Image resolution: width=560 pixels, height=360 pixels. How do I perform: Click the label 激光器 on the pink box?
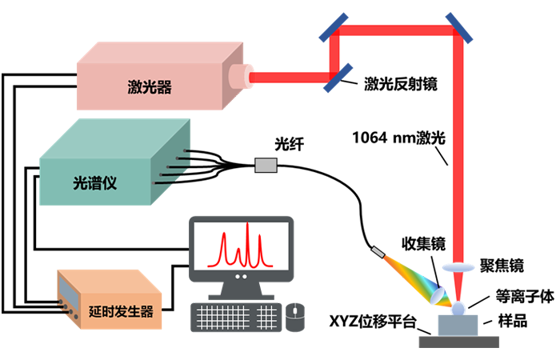coord(150,86)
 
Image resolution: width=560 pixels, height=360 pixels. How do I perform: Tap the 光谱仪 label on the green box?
coord(95,183)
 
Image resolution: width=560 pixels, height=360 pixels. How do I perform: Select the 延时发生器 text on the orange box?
coord(121,312)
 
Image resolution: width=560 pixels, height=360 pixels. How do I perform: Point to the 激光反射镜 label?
coord(401,84)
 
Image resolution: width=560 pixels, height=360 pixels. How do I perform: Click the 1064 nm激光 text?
coord(399,138)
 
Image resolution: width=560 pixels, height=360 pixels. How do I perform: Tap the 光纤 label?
coord(290,144)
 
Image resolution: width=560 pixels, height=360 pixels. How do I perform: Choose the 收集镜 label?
coord(423,243)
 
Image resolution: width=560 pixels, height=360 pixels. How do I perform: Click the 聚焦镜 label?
coord(502,266)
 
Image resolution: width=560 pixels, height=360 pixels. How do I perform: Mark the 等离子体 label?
coord(525,297)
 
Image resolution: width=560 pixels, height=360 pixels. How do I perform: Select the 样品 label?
coord(513,321)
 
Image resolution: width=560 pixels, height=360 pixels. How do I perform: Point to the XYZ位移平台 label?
coord(373,321)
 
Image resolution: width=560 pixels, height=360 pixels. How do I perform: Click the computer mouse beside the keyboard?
coord(295,317)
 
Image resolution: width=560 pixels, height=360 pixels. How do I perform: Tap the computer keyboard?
coord(236,317)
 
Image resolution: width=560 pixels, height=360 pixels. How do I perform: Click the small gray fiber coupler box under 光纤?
coord(266,166)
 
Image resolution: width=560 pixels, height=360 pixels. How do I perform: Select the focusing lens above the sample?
coord(458,267)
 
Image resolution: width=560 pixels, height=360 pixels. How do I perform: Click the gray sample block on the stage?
coord(458,326)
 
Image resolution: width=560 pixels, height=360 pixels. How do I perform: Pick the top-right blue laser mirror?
coord(459,28)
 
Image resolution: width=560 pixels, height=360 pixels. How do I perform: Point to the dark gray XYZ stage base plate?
coord(459,342)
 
